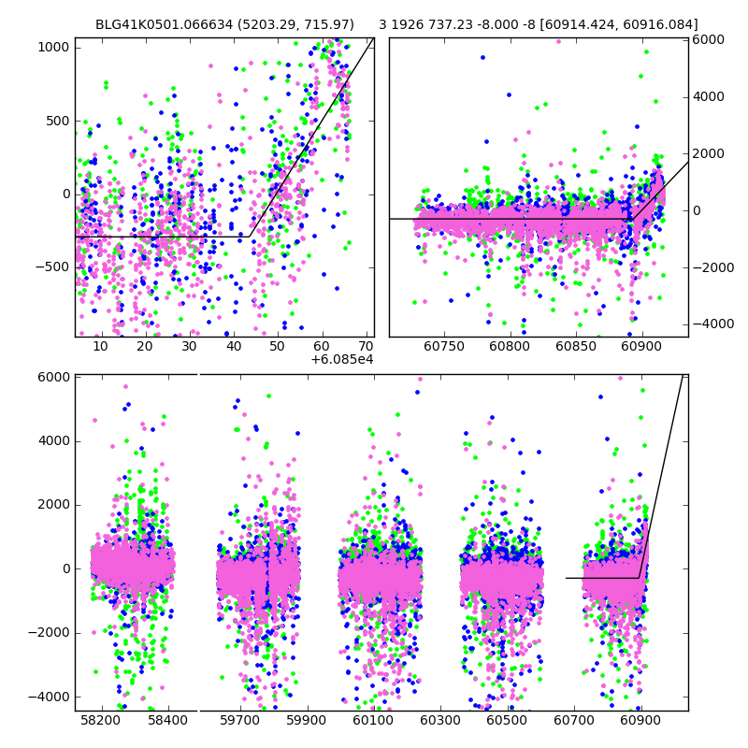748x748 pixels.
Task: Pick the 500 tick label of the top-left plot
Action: [58, 121]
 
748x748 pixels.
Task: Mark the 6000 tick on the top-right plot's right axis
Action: [707, 40]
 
